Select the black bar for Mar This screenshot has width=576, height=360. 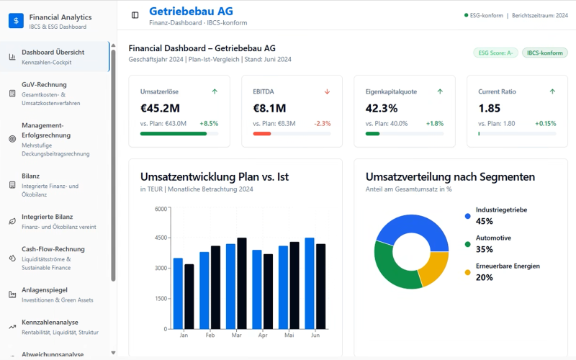(242, 284)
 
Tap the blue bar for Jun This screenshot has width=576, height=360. (310, 284)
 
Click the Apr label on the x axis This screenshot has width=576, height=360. (263, 336)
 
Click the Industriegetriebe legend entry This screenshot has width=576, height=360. (501, 210)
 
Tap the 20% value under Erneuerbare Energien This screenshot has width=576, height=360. (484, 277)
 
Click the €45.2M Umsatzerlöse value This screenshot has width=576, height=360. (160, 109)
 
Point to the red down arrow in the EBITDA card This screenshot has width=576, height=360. (327, 91)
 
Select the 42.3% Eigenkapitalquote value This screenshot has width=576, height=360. (382, 109)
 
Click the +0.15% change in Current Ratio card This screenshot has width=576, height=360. (545, 124)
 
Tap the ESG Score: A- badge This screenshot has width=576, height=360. (495, 53)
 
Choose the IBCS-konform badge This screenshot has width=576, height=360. (544, 53)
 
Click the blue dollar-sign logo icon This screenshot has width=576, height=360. (16, 20)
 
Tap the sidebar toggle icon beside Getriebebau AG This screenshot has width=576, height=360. (135, 15)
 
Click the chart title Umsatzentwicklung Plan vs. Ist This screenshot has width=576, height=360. (214, 176)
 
